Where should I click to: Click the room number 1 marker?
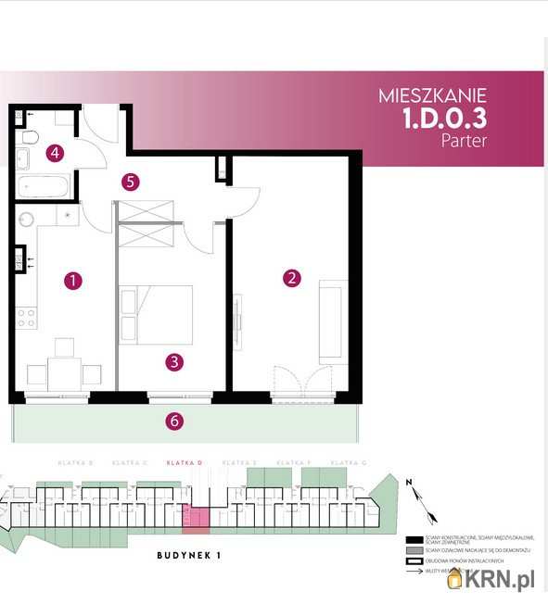[x=70, y=279]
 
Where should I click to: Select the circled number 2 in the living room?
[x=292, y=277]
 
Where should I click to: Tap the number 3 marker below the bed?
[x=173, y=362]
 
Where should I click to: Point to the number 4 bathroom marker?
[x=56, y=153]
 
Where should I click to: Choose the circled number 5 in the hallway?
[x=131, y=182]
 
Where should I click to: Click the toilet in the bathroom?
[x=30, y=138]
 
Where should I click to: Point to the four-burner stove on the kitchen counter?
[x=26, y=317]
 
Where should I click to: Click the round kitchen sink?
[x=25, y=220]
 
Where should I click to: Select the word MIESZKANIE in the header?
[x=433, y=95]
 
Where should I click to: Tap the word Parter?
[x=464, y=142]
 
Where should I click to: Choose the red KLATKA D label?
[x=185, y=462]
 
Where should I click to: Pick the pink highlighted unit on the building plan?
[x=197, y=519]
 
